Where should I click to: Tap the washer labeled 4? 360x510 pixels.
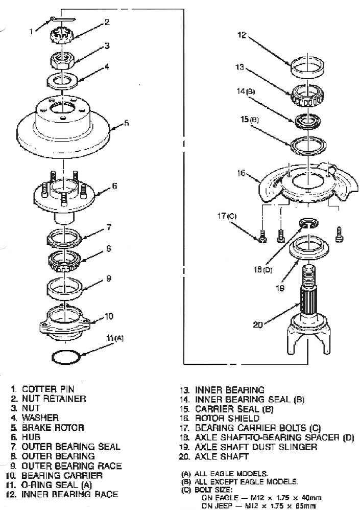point(62,80)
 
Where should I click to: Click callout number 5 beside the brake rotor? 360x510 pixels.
point(126,123)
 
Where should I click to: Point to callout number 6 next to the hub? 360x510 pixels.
point(114,186)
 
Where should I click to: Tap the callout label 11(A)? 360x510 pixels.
point(115,338)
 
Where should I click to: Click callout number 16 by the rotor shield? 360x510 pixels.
point(242,173)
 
